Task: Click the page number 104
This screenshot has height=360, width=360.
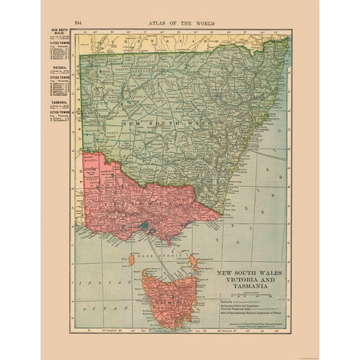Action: [x=77, y=22]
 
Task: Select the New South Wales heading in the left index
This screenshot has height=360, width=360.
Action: [x=59, y=31]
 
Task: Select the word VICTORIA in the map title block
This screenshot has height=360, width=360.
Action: [x=236, y=280]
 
